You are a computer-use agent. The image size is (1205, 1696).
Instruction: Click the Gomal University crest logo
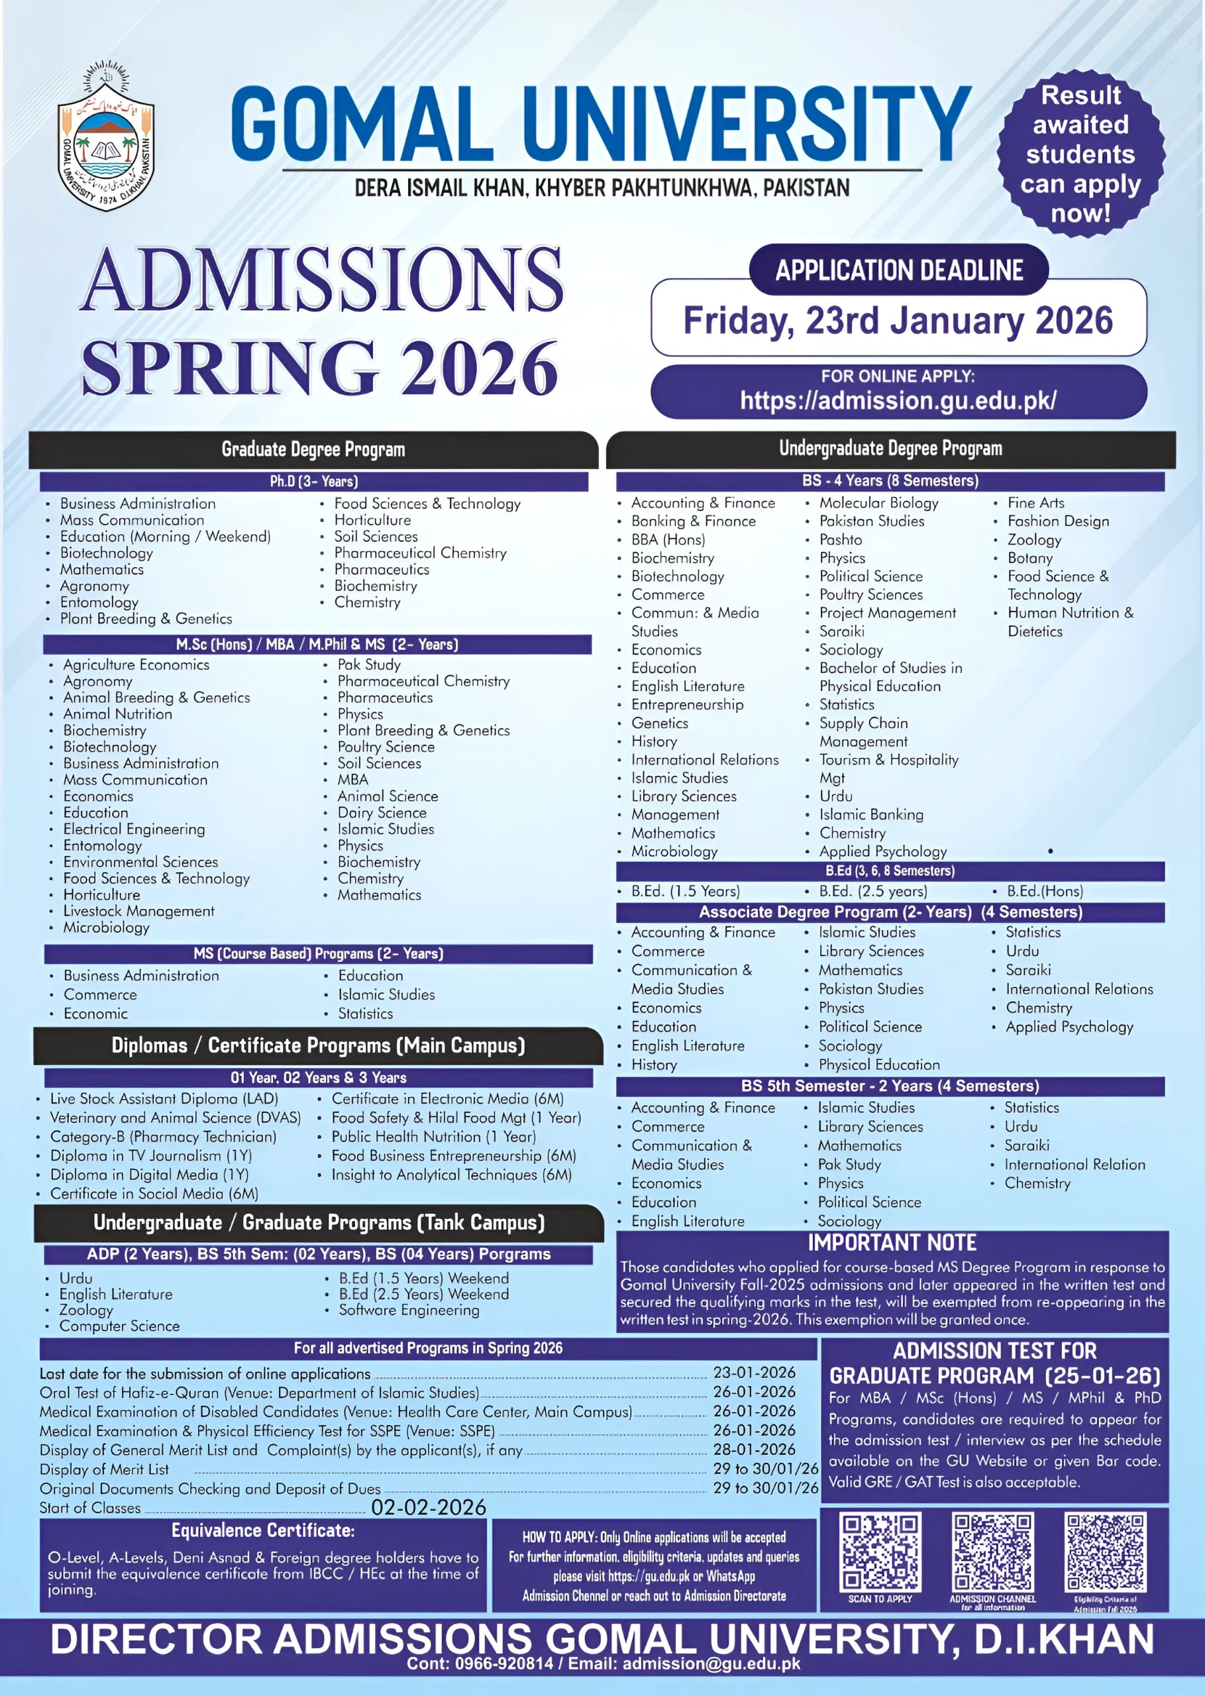pos(107,137)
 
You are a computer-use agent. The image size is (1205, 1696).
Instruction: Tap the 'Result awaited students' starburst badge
pos(1080,154)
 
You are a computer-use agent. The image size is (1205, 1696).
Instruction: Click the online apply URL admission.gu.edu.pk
pos(898,401)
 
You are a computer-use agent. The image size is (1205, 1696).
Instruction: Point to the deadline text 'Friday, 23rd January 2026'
pos(898,321)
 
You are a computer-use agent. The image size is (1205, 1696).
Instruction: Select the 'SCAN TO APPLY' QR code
pos(880,1553)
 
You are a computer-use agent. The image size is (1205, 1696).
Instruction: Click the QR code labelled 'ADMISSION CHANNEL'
pos(993,1553)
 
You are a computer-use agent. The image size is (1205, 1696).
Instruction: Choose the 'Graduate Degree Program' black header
pos(313,450)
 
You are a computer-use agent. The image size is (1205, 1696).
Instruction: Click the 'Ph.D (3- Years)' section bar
pos(314,482)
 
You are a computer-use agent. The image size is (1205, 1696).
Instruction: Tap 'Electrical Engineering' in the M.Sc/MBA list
pos(134,829)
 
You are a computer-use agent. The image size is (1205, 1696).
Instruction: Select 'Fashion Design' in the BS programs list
pos(1058,521)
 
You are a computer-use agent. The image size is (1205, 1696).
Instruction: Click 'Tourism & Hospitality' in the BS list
pos(889,760)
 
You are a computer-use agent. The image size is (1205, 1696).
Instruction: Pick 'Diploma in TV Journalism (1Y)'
pos(151,1155)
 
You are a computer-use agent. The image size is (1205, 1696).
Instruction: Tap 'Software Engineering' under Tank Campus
pos(409,1310)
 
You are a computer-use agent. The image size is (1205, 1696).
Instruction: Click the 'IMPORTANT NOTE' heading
pos(892,1243)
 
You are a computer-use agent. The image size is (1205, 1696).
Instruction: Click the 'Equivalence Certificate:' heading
pos(264,1530)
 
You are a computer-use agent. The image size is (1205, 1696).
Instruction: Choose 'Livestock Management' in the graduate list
pos(138,911)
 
